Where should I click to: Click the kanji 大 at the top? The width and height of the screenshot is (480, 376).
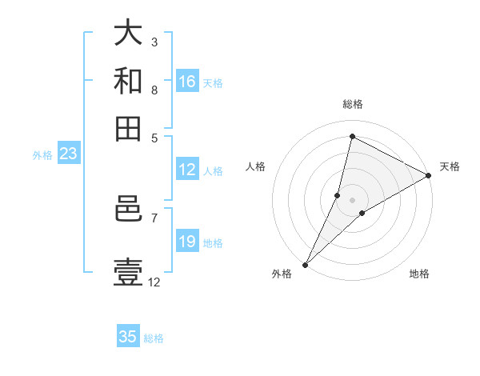click(x=128, y=34)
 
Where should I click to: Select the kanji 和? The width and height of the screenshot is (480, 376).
click(x=128, y=82)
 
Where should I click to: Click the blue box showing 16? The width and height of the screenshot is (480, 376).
click(x=187, y=82)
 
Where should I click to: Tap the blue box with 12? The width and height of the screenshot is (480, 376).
click(x=187, y=170)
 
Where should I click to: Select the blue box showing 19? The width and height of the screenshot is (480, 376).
click(x=187, y=242)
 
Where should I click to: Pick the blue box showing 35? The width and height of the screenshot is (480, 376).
click(x=128, y=337)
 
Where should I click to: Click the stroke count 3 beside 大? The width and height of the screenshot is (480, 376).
click(x=154, y=42)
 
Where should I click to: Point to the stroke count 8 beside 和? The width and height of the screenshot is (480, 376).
click(x=154, y=90)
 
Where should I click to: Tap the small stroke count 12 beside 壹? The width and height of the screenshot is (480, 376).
click(x=154, y=282)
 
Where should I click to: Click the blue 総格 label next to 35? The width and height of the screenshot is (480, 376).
click(x=154, y=338)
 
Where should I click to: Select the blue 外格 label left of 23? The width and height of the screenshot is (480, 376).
click(x=42, y=155)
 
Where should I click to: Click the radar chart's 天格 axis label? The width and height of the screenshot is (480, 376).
click(x=450, y=166)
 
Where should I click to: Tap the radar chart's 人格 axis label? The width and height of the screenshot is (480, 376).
click(x=256, y=166)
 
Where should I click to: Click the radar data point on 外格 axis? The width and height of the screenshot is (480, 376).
click(x=305, y=264)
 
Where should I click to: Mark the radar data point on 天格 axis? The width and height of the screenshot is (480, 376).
click(x=429, y=176)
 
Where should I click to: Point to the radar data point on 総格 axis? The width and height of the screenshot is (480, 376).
click(x=352, y=137)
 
